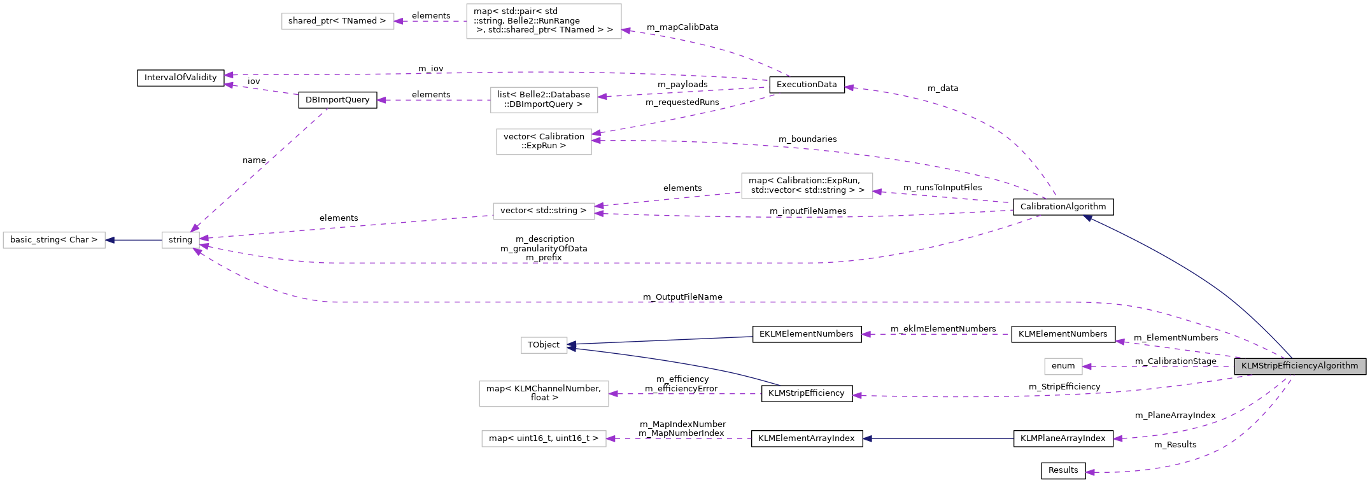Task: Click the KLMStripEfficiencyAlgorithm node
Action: tap(1299, 366)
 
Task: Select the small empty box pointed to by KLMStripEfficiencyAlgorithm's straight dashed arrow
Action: tap(1063, 367)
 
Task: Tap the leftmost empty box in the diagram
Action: tap(54, 240)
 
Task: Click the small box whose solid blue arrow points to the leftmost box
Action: tap(180, 240)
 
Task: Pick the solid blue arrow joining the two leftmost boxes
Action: tap(134, 240)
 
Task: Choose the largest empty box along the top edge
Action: tap(544, 21)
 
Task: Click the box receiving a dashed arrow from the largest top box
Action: tap(337, 21)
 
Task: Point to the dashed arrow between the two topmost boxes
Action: tap(430, 21)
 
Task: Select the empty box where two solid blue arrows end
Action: tap(544, 345)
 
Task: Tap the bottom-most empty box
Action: tap(544, 438)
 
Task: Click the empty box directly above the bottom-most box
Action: tap(544, 394)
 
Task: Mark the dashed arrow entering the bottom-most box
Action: tap(679, 438)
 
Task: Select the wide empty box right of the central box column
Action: tap(807, 186)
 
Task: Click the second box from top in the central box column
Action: tap(544, 100)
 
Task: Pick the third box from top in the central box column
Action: tap(544, 141)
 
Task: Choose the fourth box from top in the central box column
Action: tap(544, 211)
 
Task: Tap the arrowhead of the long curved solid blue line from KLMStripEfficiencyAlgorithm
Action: tap(1087, 218)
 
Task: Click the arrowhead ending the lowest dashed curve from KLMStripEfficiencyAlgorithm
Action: tap(1090, 472)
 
